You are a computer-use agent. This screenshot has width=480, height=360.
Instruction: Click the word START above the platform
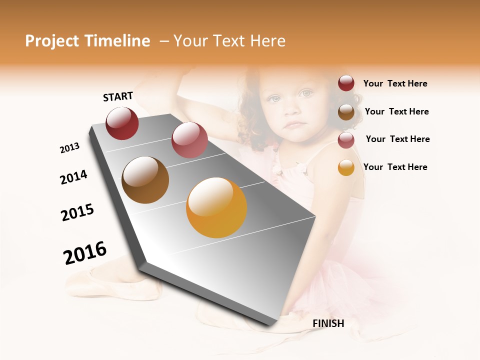coord(118,96)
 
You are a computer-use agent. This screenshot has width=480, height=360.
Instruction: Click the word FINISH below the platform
coord(328,323)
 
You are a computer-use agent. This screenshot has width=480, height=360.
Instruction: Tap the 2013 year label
coord(69,148)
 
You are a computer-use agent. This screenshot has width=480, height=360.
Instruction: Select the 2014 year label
coord(73,177)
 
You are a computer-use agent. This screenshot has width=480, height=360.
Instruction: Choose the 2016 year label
coord(85,253)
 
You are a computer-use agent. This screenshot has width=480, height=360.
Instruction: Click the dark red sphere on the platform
coord(122,123)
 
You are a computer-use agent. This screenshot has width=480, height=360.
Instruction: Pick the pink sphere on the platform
coord(189,140)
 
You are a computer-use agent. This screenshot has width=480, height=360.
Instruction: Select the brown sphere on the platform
coord(145,180)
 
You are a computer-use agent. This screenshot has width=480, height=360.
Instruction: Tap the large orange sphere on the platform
coord(216,207)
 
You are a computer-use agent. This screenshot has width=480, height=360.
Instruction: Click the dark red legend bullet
coord(346,83)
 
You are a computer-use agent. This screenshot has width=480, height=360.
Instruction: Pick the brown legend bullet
coord(346,112)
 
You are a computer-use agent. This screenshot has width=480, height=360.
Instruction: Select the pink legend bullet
coord(346,140)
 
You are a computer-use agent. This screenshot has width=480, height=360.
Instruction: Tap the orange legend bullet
coord(346,167)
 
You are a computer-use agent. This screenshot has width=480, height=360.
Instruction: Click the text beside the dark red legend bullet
coord(395,84)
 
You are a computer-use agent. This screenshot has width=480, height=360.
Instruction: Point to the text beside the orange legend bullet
coord(395,167)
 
